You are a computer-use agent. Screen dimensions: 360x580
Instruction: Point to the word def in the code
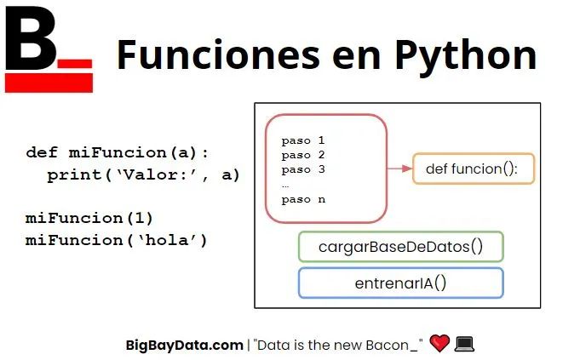point(42,153)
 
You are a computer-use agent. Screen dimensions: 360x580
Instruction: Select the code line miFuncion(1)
point(89,218)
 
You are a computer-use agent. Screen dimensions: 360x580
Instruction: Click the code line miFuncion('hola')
point(117,240)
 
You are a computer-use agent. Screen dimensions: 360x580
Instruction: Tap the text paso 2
point(303,155)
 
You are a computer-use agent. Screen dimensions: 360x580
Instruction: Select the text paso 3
point(303,169)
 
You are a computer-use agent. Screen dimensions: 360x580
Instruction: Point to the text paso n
point(303,199)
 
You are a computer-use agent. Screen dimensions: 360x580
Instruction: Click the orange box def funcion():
point(473,169)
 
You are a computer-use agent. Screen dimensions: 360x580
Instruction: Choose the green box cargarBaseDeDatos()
point(400,247)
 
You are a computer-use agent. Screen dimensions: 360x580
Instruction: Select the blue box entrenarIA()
point(400,283)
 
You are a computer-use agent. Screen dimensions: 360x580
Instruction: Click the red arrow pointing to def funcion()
point(399,169)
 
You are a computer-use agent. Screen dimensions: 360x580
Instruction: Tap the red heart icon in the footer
point(439,344)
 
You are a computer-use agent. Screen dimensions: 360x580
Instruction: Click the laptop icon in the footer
point(464,344)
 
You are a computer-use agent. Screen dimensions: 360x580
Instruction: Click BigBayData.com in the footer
point(184,345)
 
